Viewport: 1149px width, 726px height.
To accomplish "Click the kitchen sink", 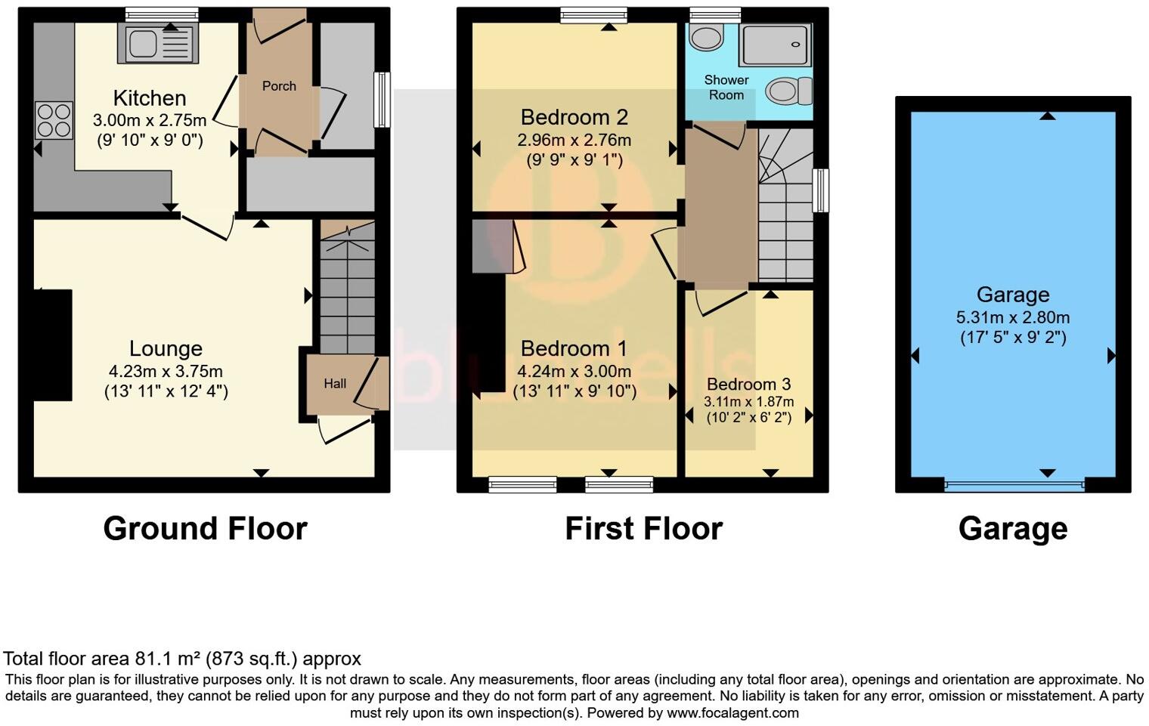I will (x=155, y=43).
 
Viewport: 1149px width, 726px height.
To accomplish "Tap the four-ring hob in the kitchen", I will (x=54, y=120).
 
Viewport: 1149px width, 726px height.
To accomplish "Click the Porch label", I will (x=279, y=86).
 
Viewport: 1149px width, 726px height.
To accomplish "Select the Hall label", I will (x=335, y=384).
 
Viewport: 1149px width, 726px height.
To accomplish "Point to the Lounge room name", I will (x=166, y=348).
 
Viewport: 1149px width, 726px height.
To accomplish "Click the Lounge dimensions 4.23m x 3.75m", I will (x=166, y=371).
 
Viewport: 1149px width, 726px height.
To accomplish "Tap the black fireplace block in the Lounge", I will (x=52, y=344).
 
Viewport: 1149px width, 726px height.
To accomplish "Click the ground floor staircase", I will (x=347, y=287).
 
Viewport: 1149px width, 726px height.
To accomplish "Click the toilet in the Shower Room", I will (x=788, y=91).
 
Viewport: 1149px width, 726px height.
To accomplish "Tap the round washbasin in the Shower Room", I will (x=706, y=37).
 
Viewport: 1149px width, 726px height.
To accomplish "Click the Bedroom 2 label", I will (x=574, y=117).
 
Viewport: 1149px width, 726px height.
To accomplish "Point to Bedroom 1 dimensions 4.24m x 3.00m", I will (x=574, y=371).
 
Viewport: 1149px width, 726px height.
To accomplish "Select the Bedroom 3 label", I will (x=748, y=384).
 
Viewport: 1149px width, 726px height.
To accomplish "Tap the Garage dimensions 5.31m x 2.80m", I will (x=1012, y=317).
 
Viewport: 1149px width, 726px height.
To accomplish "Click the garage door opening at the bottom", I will (x=1014, y=484).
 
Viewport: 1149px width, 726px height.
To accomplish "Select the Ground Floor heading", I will (x=205, y=528).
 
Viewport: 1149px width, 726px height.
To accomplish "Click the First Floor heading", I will (x=643, y=528).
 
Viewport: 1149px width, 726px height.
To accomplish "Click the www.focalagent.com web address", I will (x=732, y=712).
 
